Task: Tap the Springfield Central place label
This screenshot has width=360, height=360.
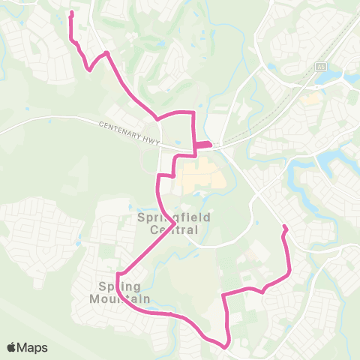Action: coord(168,223)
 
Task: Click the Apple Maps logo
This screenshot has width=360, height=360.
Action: coord(27,347)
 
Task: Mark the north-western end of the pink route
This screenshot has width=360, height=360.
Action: coord(71,13)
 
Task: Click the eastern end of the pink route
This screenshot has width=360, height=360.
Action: coord(283,226)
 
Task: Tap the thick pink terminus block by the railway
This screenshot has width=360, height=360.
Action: coord(203,145)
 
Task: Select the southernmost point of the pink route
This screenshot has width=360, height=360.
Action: coord(225,346)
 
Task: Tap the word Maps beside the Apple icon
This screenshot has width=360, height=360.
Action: coord(34,347)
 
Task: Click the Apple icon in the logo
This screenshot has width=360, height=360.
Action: coord(12,347)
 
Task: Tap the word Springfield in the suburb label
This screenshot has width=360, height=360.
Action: coord(168,217)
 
